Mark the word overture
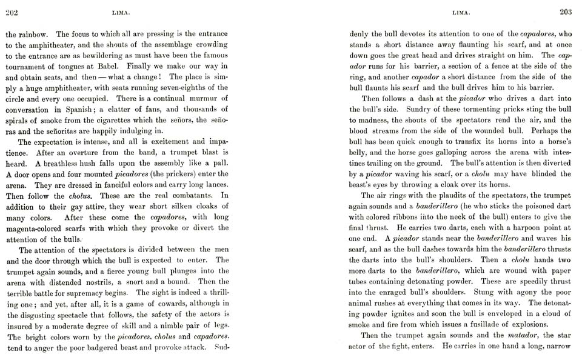coord(89,152)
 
